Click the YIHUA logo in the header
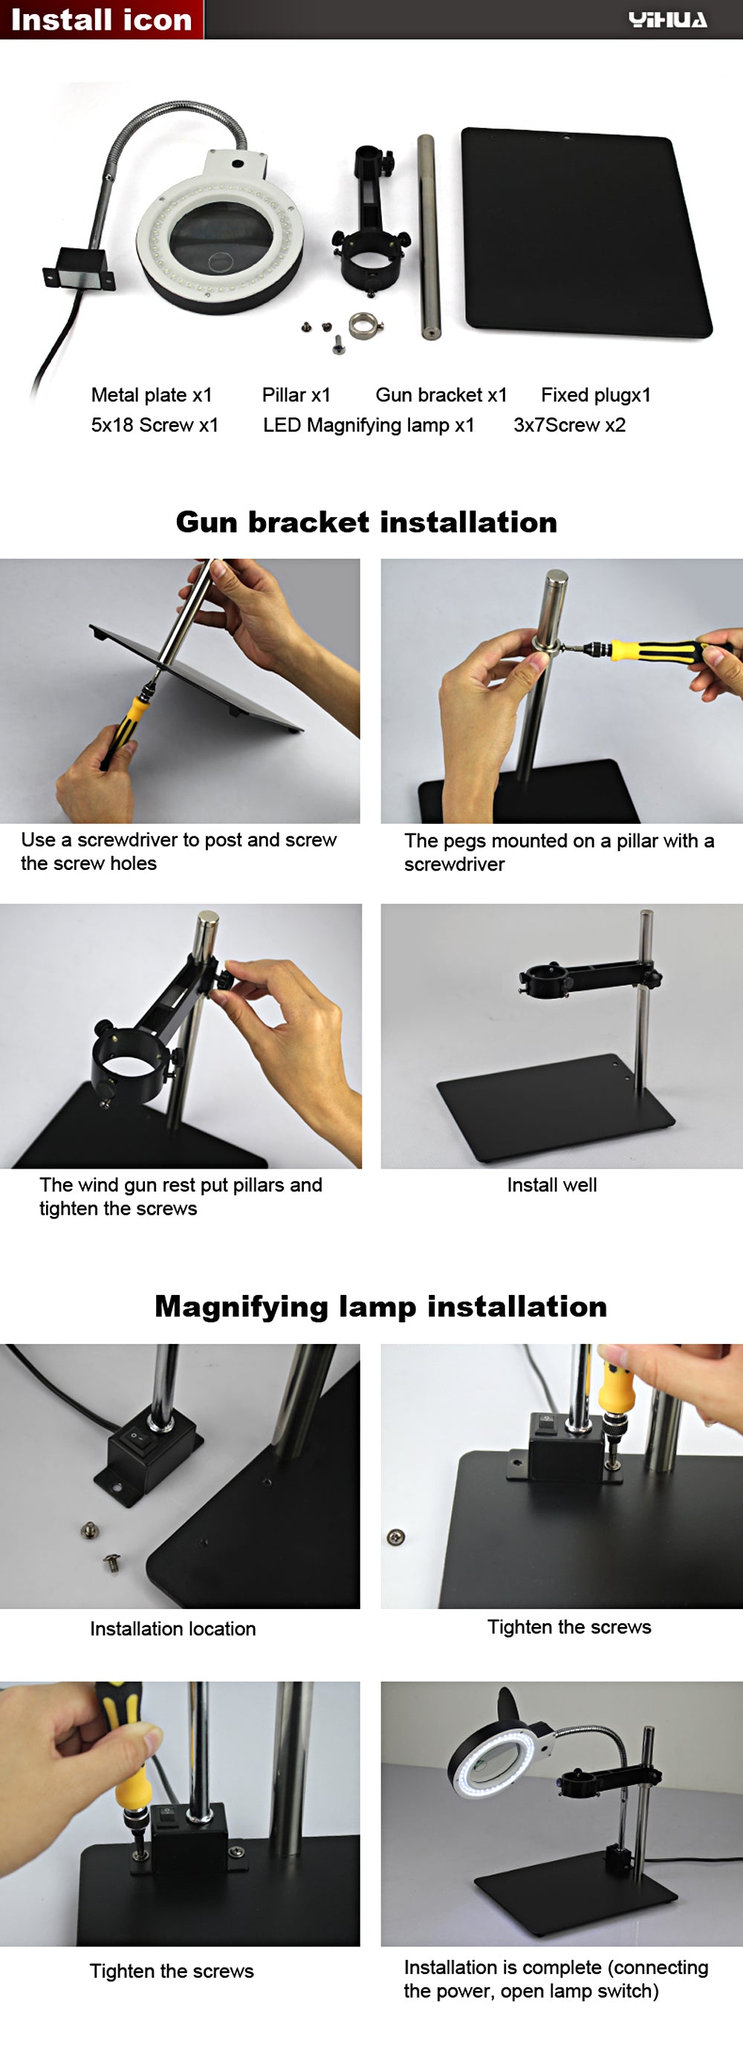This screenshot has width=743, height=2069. [x=667, y=19]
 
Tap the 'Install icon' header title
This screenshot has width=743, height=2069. [x=101, y=19]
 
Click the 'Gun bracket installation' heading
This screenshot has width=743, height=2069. [x=366, y=522]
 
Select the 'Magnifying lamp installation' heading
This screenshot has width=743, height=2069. [x=380, y=1307]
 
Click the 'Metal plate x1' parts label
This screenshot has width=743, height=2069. [x=152, y=395]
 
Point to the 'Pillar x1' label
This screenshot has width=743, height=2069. [x=296, y=395]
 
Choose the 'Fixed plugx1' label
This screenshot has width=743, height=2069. [x=596, y=395]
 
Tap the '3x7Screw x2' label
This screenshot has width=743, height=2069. [x=569, y=425]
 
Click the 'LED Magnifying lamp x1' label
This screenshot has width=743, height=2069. [x=369, y=425]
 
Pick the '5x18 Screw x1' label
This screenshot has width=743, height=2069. [x=155, y=425]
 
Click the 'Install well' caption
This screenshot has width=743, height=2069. [x=552, y=1185]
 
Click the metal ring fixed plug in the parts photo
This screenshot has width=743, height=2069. [x=364, y=325]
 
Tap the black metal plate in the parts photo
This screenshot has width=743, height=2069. [x=585, y=231]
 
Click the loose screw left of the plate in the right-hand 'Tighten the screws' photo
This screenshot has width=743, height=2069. [x=396, y=1536]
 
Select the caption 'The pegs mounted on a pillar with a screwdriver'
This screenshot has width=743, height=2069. [x=559, y=852]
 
